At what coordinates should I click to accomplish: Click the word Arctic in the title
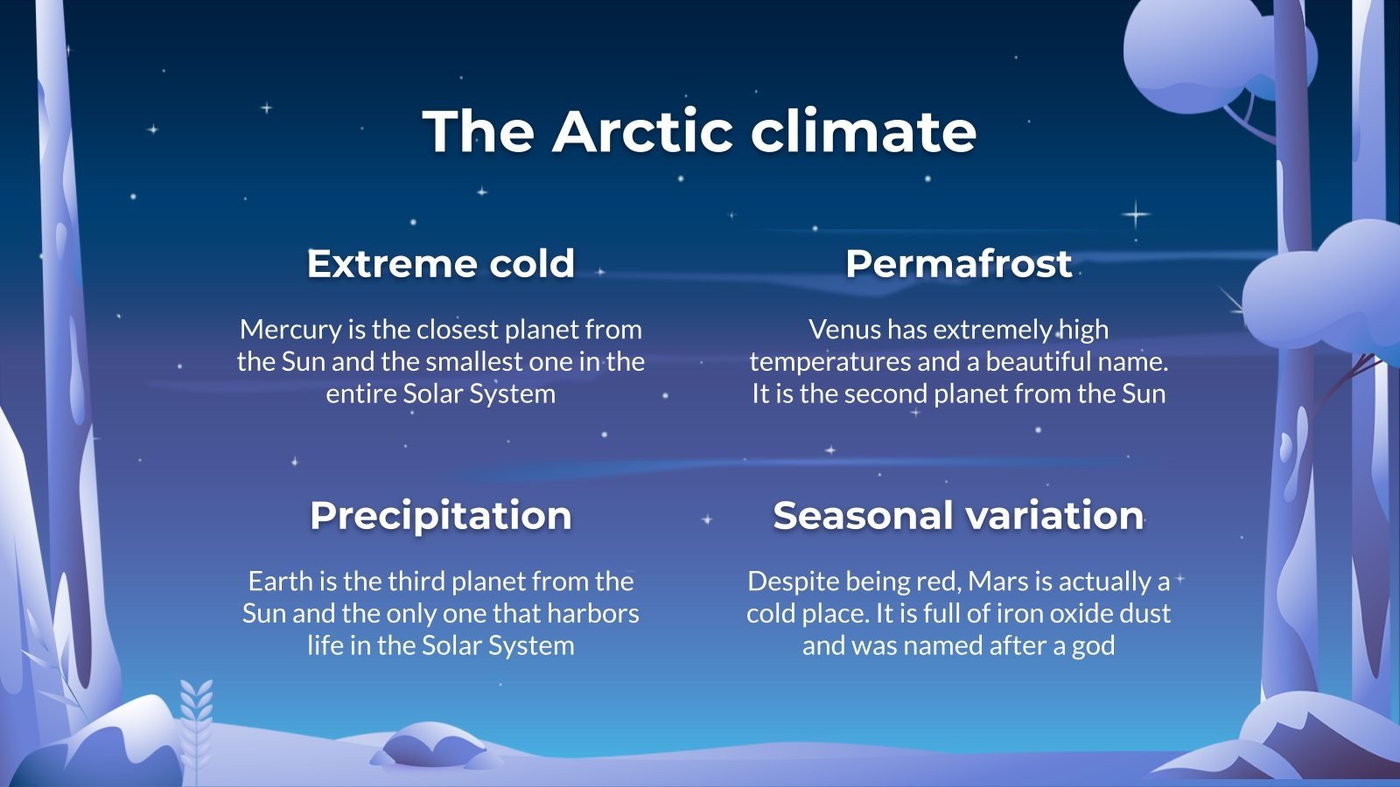tap(642, 131)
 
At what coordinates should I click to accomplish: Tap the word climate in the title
tap(863, 131)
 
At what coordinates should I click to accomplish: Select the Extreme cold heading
tap(440, 263)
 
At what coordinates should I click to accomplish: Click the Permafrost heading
tap(958, 263)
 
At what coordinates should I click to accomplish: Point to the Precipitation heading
tap(440, 515)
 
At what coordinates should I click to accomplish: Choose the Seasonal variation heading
tap(958, 515)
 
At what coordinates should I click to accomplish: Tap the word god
tap(1095, 646)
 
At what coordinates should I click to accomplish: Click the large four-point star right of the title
tap(1136, 213)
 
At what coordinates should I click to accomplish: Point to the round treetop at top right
tap(1207, 52)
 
